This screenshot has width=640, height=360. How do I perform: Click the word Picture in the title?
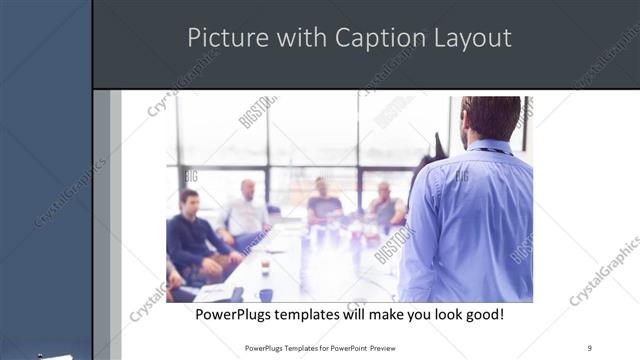click(x=221, y=38)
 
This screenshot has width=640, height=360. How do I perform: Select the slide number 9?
click(x=590, y=346)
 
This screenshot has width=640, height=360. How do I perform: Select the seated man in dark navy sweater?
click(x=191, y=235)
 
